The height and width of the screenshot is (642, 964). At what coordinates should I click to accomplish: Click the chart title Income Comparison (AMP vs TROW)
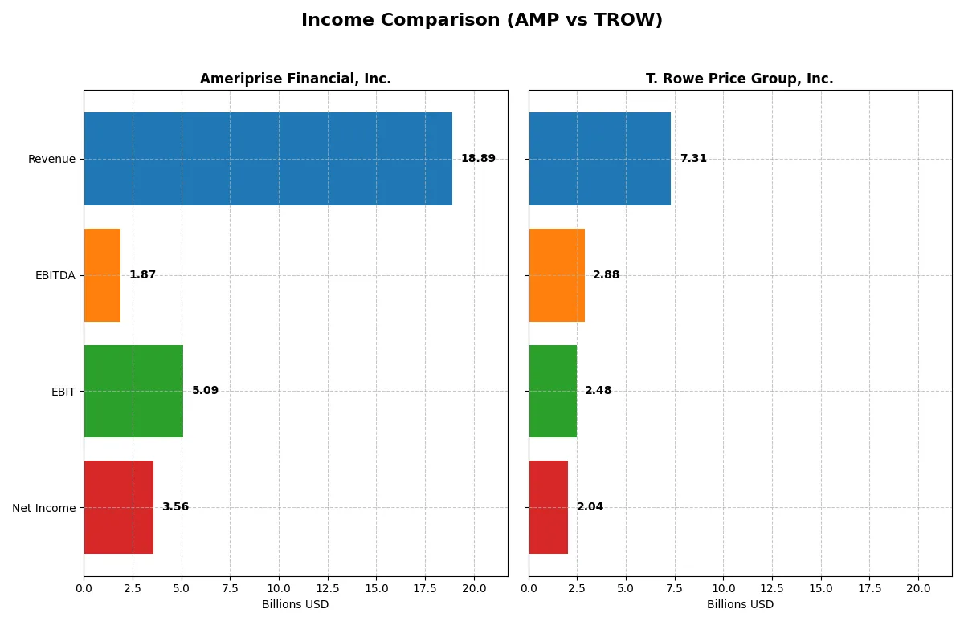coord(482,21)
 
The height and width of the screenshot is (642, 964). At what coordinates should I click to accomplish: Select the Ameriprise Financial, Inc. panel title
coord(295,79)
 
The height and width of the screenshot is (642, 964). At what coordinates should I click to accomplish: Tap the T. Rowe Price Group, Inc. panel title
coord(739,79)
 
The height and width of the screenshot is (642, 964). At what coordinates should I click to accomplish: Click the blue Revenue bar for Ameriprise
coord(268,159)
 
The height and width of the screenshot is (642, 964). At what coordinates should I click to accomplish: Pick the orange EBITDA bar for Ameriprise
coord(102,275)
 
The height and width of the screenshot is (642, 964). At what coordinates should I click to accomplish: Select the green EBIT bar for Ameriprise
coord(133,392)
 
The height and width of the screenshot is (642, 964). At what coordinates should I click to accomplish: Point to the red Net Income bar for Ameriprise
coord(118,507)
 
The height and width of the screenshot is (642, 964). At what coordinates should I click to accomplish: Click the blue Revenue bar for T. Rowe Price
coord(599,159)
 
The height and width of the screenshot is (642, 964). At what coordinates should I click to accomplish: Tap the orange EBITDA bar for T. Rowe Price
coord(556,275)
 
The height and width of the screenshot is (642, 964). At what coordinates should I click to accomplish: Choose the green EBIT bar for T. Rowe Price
coord(553,392)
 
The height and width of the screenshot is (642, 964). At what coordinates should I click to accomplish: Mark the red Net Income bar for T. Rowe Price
coord(548,507)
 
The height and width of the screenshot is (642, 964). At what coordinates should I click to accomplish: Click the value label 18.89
coord(478,159)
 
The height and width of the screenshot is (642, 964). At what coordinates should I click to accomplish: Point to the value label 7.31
coord(693,159)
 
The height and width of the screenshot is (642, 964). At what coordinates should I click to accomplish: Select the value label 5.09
coord(205,391)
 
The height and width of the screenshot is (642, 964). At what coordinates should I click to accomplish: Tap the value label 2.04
coord(590,507)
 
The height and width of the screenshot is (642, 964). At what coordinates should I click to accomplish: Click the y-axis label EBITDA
coord(55,275)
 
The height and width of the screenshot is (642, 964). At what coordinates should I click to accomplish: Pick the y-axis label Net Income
coord(44,508)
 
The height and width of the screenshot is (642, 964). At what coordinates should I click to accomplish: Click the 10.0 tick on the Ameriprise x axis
coord(279,589)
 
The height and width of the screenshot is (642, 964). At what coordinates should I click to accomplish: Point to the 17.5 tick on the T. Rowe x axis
coord(869,589)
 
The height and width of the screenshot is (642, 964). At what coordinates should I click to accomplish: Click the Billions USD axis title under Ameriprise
coord(295,605)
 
